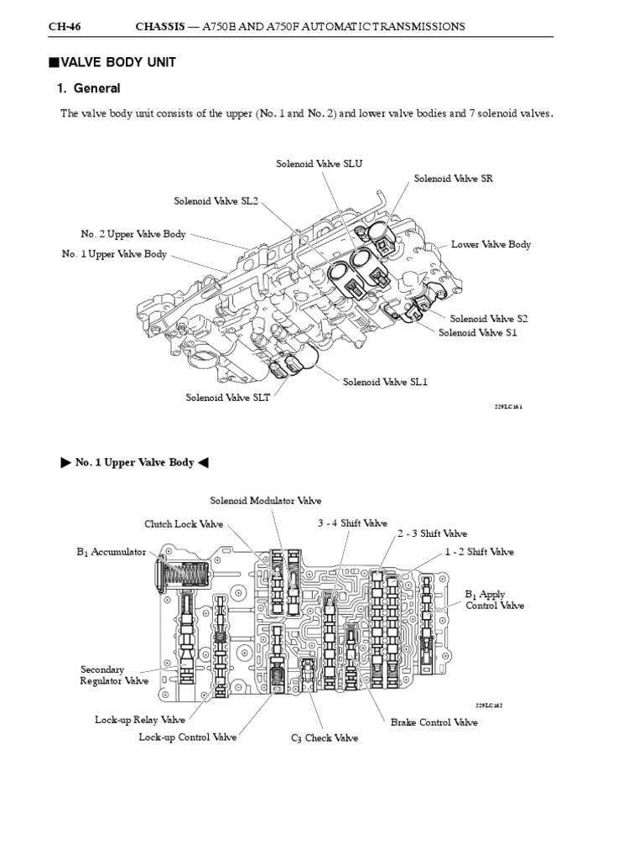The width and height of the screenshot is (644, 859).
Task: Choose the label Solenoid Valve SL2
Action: tap(216, 201)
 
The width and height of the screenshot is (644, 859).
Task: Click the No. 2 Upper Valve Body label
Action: tap(133, 235)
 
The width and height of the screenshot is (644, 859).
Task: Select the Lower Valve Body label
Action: tap(491, 245)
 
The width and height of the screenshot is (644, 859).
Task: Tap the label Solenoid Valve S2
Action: tap(489, 319)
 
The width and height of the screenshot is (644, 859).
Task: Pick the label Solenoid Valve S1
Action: tap(478, 332)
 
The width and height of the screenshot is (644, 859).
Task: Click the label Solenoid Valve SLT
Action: tap(228, 398)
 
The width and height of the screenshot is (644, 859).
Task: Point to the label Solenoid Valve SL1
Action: tap(385, 382)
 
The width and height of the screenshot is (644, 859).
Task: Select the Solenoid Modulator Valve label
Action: tap(265, 501)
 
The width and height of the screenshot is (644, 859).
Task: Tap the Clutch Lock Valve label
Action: tap(184, 524)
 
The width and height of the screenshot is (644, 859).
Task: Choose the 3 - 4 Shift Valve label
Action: tap(352, 523)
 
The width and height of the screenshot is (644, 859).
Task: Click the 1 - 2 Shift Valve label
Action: tap(479, 552)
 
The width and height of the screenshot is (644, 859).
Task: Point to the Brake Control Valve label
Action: tap(434, 722)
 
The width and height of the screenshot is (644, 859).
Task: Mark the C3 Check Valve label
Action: tap(325, 738)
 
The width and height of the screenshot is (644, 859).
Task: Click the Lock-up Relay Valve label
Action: tap(140, 720)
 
